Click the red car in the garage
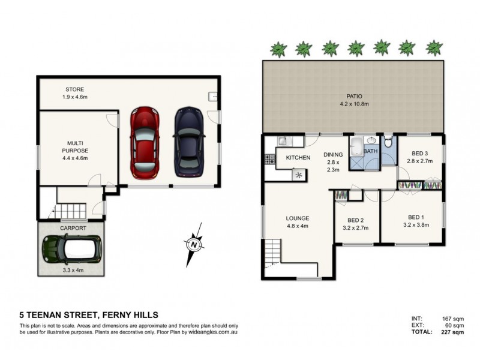coord(143,142)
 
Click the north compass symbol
coord(193,244)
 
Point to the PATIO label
coord(355,95)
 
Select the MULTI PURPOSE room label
coord(75,147)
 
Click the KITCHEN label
coord(298,158)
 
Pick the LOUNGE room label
coord(298,218)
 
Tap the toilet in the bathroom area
coord(389,143)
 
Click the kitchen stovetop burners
coord(269,160)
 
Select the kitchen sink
coord(283,141)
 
